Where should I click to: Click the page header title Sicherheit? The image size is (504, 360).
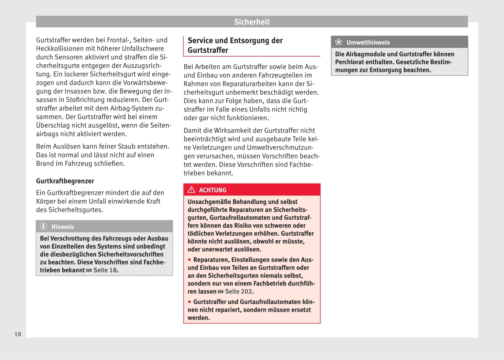coord(252,22)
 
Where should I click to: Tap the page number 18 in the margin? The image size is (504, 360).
coord(18,334)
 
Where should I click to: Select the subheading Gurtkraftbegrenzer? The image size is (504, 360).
coord(65,181)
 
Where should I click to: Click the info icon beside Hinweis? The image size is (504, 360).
coord(43,226)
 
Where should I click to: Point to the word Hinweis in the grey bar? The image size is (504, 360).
coord(63,227)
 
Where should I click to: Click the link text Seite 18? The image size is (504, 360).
coord(105,270)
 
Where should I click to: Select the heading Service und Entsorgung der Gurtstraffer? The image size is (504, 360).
coord(235,45)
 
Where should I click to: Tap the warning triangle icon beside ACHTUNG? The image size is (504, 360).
coord(191,190)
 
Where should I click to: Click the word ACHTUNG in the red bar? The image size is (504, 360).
coord(212,190)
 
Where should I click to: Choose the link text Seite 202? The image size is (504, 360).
coord(238,291)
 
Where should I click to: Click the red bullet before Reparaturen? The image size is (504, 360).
coord(189,260)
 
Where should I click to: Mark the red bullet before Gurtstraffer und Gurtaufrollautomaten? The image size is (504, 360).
coord(189,302)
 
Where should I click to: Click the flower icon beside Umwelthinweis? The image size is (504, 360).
coord(339,42)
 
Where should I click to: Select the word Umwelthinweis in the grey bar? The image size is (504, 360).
coord(368,42)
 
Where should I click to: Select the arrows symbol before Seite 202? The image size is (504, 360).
coord(221,292)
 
